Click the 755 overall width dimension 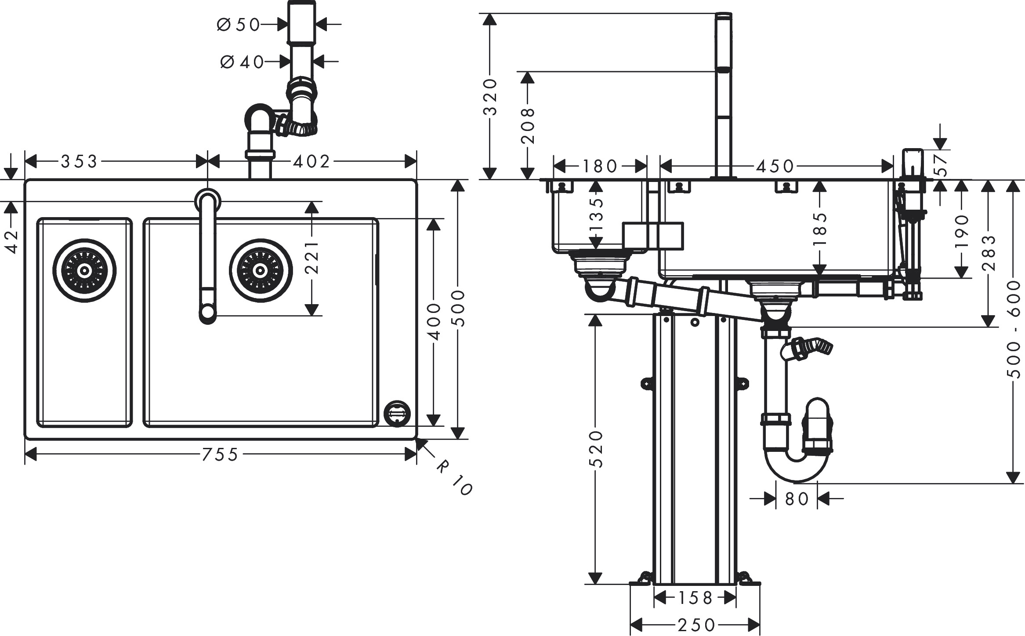[x=220, y=454]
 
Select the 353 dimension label [x=79, y=162]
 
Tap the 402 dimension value [x=311, y=162]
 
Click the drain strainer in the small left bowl [x=84, y=270]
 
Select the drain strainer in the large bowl [x=261, y=270]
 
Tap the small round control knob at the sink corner [x=398, y=413]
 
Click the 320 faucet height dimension [x=489, y=97]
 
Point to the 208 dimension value [x=527, y=126]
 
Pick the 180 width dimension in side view [x=600, y=166]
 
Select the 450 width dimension [x=775, y=166]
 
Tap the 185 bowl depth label [x=820, y=229]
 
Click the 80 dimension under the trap [x=796, y=499]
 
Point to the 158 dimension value [x=695, y=598]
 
